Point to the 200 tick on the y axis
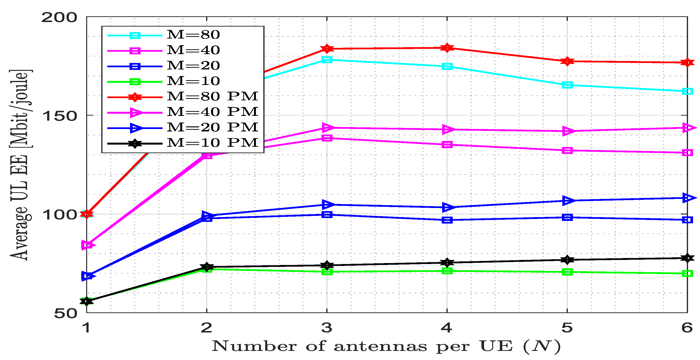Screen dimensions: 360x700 (x=59, y=18)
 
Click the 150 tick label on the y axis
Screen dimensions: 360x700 (x=59, y=116)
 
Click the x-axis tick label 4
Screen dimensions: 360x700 (x=447, y=327)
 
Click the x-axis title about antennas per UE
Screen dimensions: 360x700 (x=386, y=346)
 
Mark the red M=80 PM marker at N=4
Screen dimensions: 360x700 (x=447, y=48)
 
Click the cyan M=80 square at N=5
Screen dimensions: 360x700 (x=567, y=85)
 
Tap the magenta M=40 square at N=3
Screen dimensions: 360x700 (x=327, y=138)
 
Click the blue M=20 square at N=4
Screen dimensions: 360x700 (x=447, y=220)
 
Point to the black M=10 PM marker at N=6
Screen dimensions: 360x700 (x=687, y=258)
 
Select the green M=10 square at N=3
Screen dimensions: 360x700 (x=327, y=272)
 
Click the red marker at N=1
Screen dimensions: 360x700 (x=87, y=214)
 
